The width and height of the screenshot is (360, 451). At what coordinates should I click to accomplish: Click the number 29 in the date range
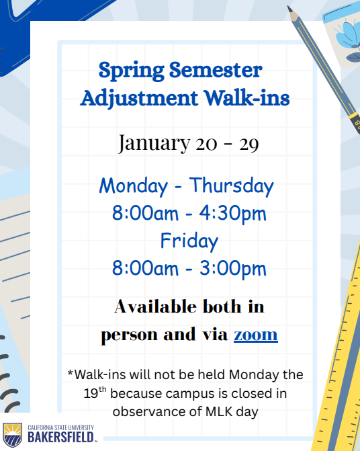(249, 145)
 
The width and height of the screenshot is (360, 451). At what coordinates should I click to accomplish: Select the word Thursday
(231, 185)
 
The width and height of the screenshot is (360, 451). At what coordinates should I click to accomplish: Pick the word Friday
(189, 241)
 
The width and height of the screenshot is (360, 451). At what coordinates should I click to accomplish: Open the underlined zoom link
(255, 335)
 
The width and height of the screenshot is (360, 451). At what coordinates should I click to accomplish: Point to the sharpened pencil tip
(290, 10)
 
